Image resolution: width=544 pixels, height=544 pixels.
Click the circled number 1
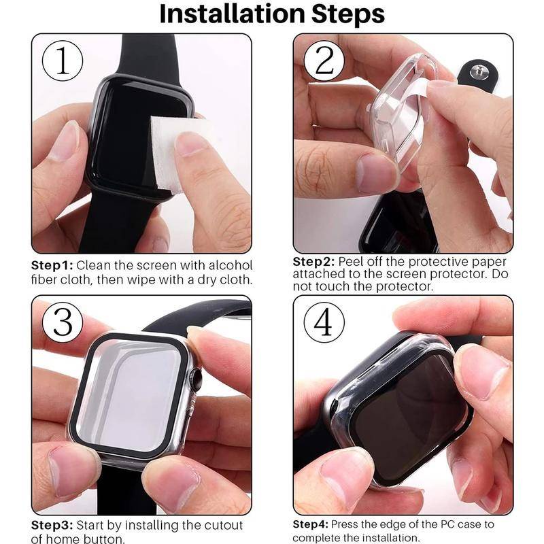[x=63, y=62]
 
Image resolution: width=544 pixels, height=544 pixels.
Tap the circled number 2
[x=324, y=62]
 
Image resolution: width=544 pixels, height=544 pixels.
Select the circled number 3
[x=63, y=322]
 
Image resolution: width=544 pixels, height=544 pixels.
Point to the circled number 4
[x=324, y=322]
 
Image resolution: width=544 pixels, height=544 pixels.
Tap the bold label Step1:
[x=53, y=265]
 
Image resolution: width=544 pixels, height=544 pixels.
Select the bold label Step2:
[x=313, y=262]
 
